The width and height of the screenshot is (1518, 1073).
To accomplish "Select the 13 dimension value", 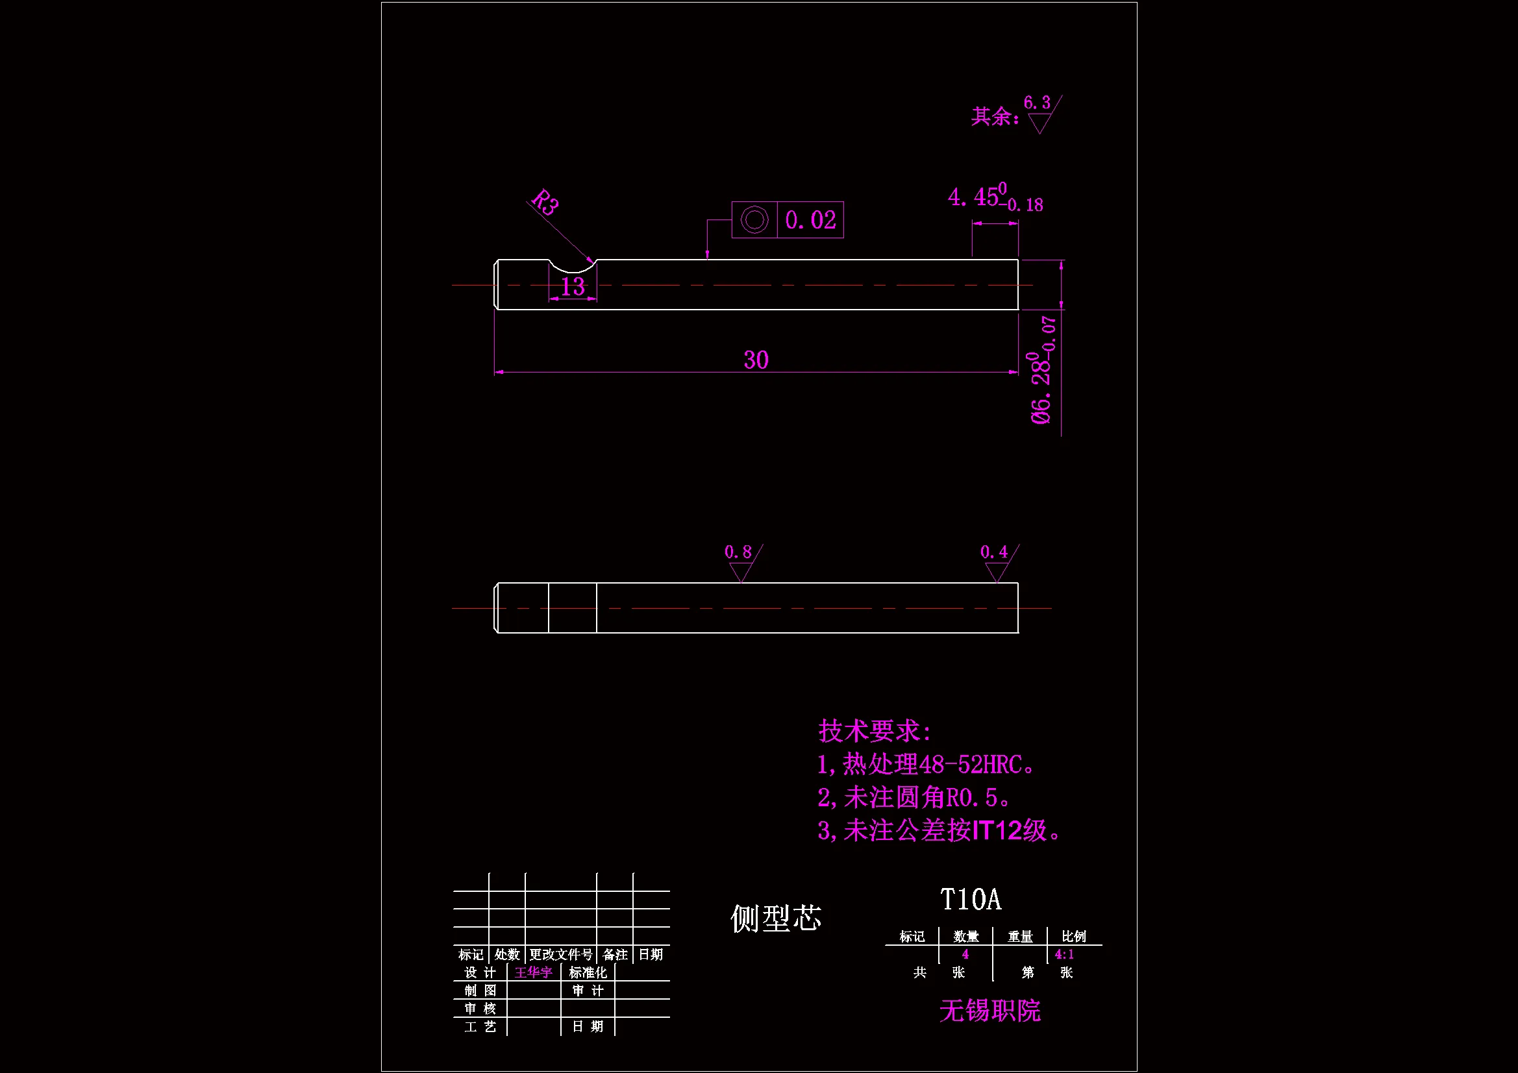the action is [573, 287].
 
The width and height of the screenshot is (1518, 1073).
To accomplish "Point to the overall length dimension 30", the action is [756, 360].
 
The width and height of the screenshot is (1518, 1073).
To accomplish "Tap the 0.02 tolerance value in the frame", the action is [810, 220].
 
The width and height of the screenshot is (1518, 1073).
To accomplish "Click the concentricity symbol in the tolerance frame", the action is [754, 220].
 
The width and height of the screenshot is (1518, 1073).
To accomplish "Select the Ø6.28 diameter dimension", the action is [1042, 387].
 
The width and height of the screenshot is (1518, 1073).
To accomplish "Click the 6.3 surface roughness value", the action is [1037, 103].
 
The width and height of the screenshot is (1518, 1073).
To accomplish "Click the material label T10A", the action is [971, 900].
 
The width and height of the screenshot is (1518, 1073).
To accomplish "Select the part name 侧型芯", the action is [775, 919].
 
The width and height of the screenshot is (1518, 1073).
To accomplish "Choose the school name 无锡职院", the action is [989, 1011].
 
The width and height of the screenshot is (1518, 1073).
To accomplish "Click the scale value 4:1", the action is [1064, 955].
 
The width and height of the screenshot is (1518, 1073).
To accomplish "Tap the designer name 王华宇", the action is [534, 972].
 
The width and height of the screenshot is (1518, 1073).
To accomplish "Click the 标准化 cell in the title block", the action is [588, 972].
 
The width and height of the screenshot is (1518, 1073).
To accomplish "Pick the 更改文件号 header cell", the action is [561, 955].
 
